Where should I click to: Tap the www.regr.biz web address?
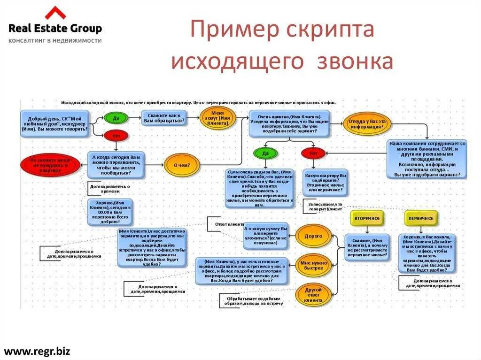[37, 351]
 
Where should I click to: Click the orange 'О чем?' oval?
[182, 165]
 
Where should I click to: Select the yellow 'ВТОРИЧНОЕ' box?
[367, 218]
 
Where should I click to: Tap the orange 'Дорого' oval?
[313, 236]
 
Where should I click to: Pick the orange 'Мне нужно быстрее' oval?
[312, 265]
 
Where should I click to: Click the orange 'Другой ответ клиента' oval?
[313, 294]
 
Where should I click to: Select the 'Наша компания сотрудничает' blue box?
[427, 159]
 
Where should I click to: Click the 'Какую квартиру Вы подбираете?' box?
[325, 182]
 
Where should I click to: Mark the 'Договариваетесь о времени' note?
[109, 189]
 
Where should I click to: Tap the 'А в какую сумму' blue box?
[266, 236]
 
